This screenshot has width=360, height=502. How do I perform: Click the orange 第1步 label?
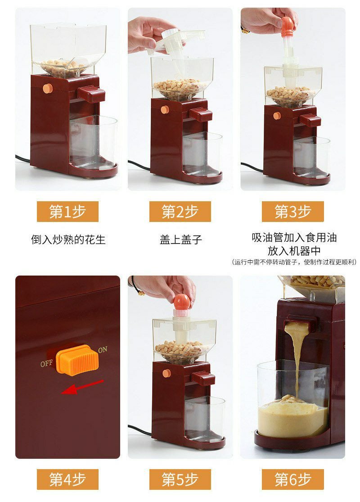(x=67, y=211)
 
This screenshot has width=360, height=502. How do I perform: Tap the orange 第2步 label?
(x=180, y=211)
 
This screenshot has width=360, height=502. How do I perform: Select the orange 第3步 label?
(x=293, y=211)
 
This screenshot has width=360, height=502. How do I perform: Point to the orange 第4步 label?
(x=67, y=479)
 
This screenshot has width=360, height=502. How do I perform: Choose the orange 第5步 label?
(x=180, y=479)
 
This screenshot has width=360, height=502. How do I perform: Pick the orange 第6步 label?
(x=293, y=479)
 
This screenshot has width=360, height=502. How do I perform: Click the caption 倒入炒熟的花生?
(x=68, y=240)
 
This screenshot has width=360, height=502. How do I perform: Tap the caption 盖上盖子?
(x=181, y=240)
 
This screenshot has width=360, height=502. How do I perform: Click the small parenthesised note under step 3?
(x=294, y=262)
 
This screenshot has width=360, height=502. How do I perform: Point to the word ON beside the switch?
(x=103, y=350)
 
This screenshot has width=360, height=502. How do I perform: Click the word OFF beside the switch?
(x=46, y=363)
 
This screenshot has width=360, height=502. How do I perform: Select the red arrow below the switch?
(x=82, y=387)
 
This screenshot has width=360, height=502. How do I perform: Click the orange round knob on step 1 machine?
(x=48, y=88)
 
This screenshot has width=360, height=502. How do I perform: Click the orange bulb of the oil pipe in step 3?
(x=287, y=27)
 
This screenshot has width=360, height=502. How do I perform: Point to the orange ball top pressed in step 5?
(x=182, y=303)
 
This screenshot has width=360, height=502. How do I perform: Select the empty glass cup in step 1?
(x=93, y=141)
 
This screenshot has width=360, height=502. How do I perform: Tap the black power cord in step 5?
(x=140, y=430)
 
